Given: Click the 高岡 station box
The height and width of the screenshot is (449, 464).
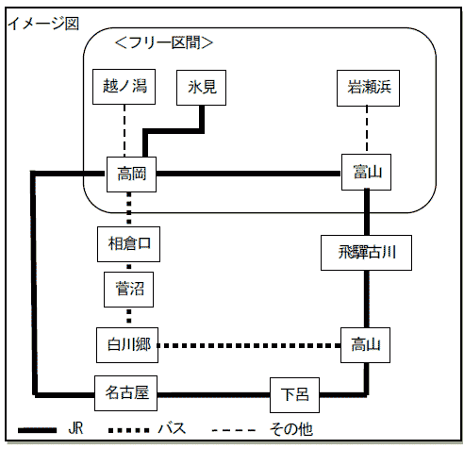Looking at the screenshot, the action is (x=131, y=175).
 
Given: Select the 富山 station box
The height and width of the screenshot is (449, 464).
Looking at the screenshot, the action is (x=366, y=172).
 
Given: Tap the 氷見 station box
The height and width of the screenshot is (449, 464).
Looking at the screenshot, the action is (x=201, y=88).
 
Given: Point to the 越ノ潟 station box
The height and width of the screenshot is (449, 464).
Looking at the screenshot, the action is (x=124, y=87).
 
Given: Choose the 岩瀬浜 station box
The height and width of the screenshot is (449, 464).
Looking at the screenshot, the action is (x=368, y=88).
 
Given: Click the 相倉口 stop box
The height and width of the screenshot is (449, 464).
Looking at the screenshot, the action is (x=128, y=244).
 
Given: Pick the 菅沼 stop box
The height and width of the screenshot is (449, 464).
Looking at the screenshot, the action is (x=129, y=290).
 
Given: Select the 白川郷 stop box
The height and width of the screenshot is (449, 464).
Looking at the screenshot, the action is (x=127, y=345).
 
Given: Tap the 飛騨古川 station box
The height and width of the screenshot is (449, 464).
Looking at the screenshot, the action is (x=366, y=253).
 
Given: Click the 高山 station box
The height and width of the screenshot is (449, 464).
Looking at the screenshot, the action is (x=366, y=345).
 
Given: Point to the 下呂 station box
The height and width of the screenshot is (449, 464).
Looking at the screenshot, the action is (x=294, y=395).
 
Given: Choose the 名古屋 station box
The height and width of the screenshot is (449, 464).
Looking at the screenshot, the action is (x=125, y=393).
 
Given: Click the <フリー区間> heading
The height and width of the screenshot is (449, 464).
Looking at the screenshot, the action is (x=164, y=42).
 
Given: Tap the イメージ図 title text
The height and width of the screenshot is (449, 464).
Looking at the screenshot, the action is (x=43, y=24).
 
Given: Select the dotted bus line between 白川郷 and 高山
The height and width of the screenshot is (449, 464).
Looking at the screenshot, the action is (x=249, y=345).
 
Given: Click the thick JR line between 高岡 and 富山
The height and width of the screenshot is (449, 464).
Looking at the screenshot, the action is (x=249, y=174).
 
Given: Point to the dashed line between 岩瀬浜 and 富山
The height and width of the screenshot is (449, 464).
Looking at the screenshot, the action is (x=367, y=130).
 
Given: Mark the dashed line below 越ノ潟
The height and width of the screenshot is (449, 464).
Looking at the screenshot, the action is (x=124, y=130).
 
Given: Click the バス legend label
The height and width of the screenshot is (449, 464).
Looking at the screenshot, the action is (x=172, y=429).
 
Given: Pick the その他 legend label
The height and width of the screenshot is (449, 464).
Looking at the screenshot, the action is (x=291, y=429).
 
